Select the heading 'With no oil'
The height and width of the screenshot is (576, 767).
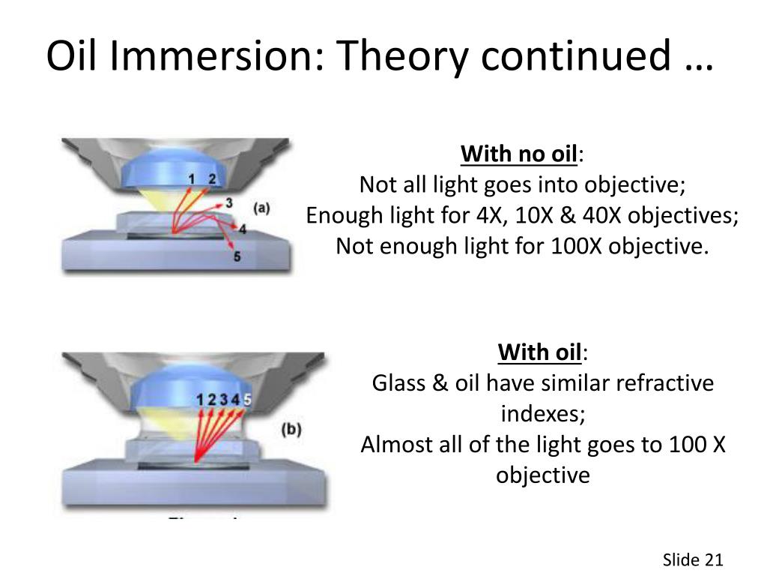519,154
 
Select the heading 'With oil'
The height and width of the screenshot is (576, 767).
540,352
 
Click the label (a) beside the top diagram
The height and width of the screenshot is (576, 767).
261,208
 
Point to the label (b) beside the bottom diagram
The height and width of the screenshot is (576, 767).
291,430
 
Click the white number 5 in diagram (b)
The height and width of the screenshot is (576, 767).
247,400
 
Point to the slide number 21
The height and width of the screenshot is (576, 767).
714,559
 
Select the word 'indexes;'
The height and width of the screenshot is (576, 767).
543,414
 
